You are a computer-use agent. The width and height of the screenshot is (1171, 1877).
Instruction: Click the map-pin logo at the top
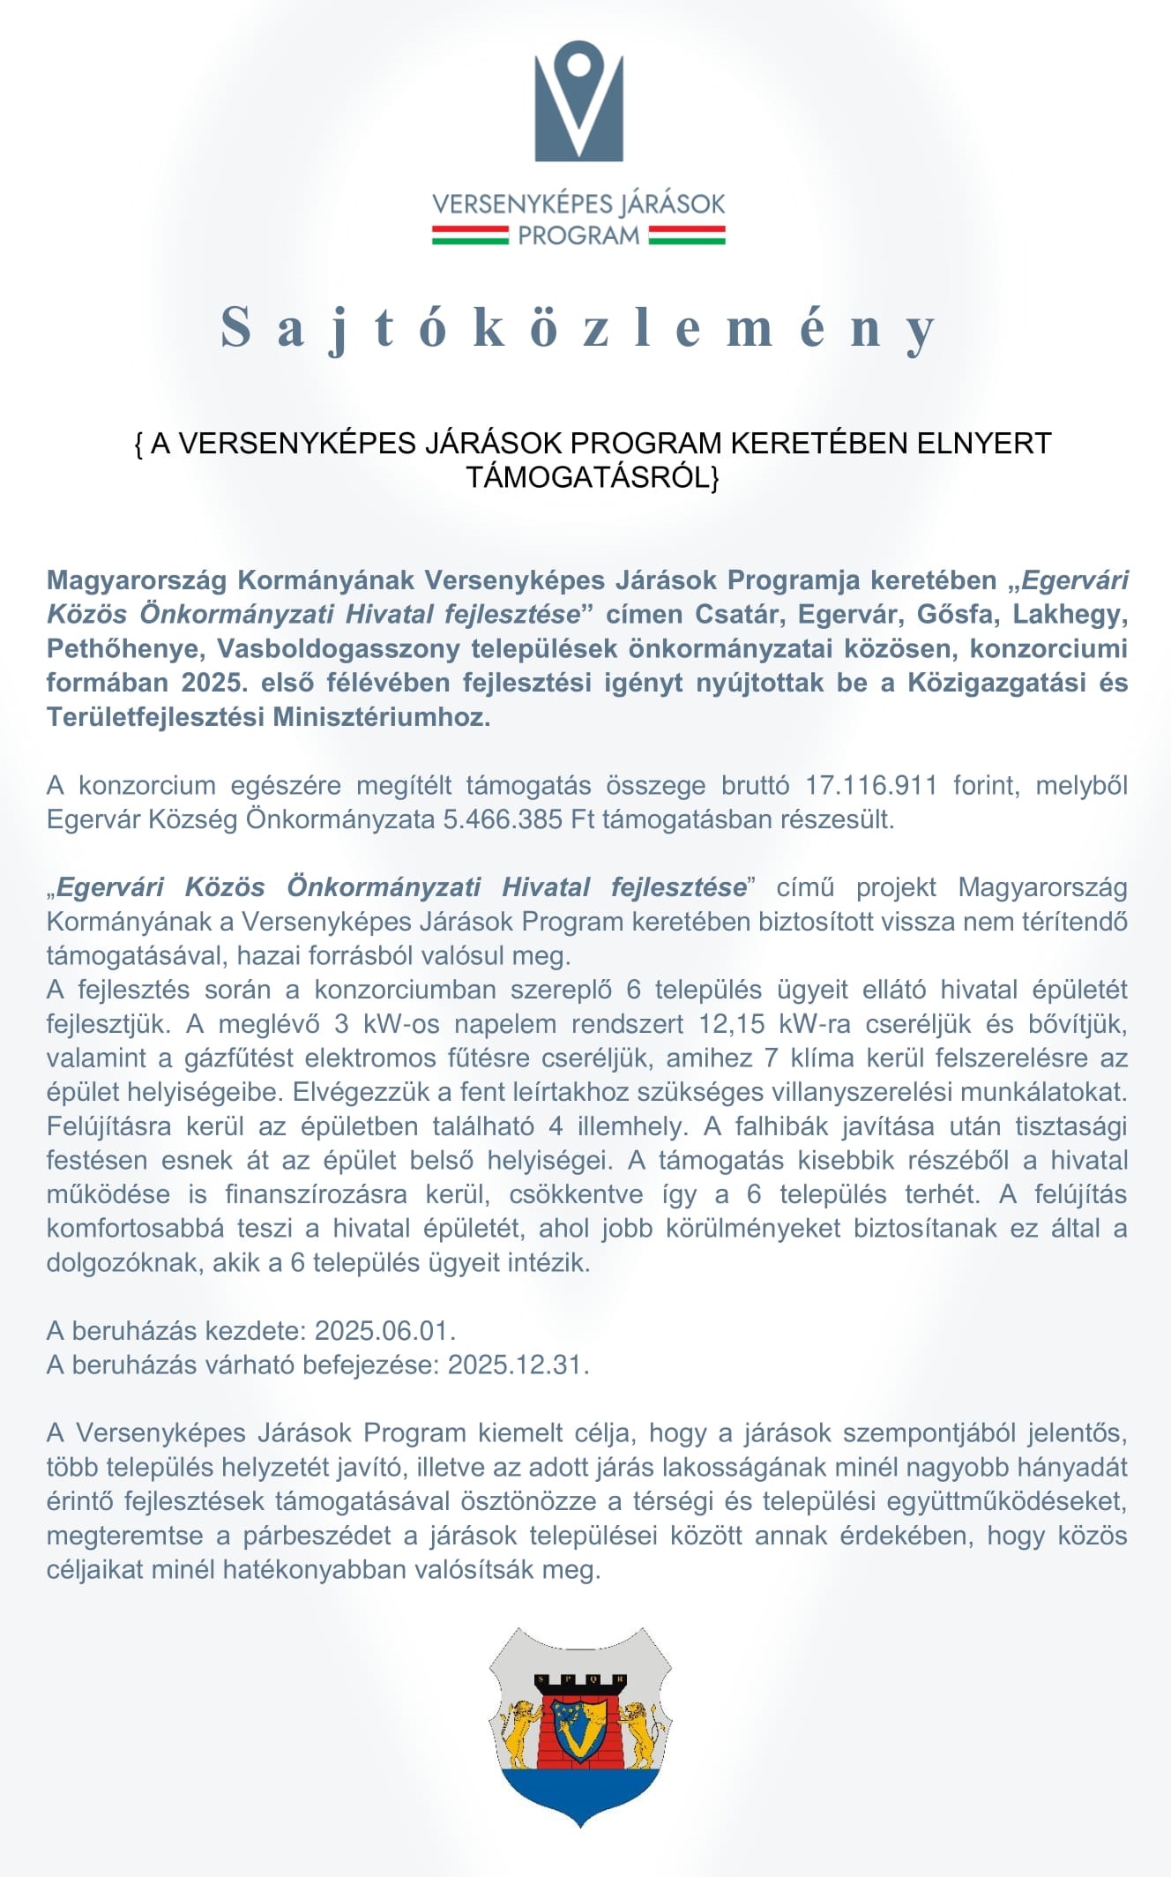578,101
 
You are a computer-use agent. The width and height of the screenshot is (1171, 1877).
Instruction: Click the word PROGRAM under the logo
578,236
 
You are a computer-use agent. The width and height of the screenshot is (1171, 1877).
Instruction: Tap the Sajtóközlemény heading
578,327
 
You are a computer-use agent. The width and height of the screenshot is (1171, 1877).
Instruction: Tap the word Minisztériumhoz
381,716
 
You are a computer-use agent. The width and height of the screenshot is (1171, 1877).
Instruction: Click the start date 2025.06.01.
384,1330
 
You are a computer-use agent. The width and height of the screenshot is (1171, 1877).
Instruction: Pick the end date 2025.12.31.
518,1365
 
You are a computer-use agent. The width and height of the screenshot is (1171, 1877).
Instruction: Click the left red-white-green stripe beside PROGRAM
469,236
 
